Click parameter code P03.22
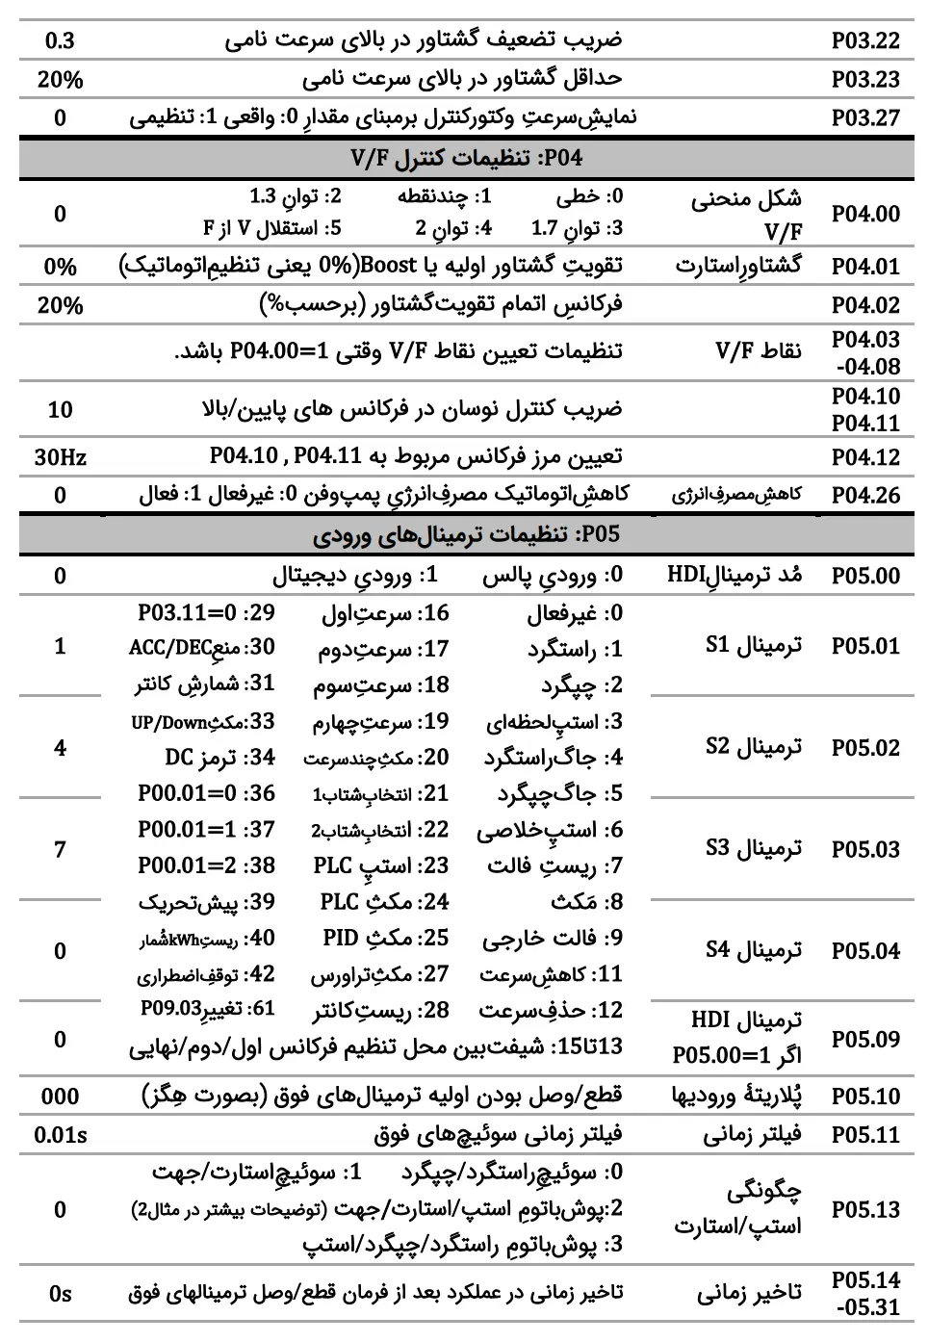864,40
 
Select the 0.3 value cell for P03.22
60,40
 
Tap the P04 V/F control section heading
466,158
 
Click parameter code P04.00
864,214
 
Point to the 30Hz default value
60,457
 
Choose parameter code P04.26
864,496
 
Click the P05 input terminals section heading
466,535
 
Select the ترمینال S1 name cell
753,645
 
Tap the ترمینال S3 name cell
753,848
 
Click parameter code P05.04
864,951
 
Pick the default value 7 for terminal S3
60,848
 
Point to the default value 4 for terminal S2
60,747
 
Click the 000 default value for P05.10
60,1097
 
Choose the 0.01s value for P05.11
60,1135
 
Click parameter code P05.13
864,1210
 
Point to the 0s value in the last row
60,1294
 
